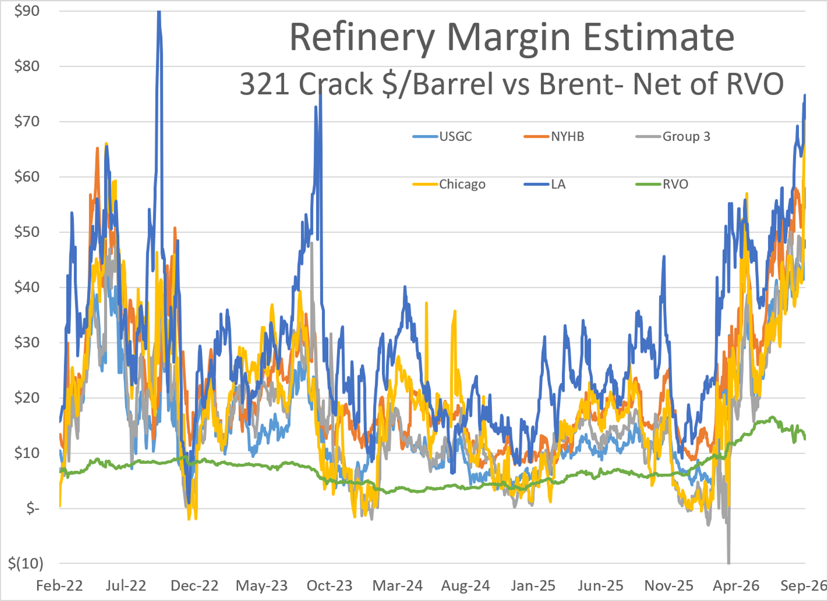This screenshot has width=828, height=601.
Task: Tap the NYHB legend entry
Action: coord(554,136)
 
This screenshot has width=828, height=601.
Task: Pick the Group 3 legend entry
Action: coord(673,136)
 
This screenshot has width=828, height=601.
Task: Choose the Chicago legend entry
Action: coord(449,184)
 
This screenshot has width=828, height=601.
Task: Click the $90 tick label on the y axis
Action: coord(27,11)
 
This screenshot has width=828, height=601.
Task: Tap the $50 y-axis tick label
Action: coord(27,232)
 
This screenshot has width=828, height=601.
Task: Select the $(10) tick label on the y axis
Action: coord(26,564)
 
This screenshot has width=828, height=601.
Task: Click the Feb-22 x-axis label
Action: coord(60,586)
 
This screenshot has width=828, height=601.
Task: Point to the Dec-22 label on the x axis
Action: coord(194,586)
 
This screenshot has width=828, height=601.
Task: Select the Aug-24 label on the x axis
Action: coord(466,586)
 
